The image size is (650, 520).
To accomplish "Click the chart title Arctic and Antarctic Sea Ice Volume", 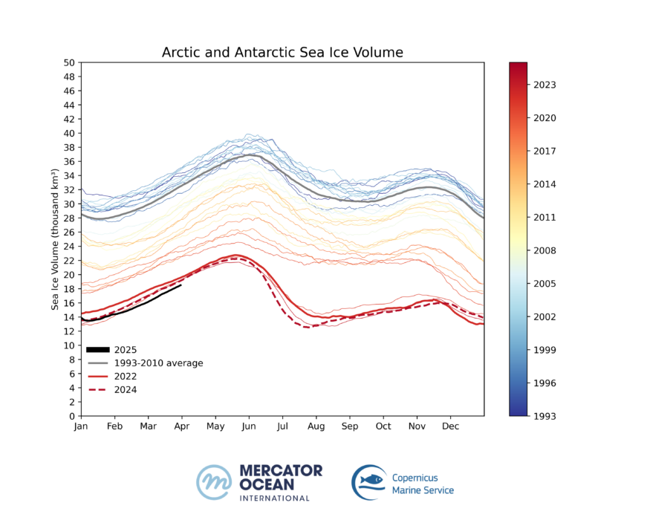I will pos(282,52).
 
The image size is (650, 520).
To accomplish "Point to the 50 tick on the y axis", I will pos(69,62).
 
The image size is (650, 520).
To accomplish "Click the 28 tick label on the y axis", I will pos(69,218).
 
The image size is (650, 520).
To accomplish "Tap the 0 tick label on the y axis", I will pos(71,416).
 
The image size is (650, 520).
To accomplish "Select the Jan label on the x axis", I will pos(80,427).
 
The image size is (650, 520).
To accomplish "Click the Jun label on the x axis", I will pos(249,427).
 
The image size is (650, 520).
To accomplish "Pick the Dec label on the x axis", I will pos(449,427).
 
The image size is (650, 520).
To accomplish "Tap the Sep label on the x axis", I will pos(349,427).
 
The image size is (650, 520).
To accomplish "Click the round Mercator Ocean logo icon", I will pos(214,481).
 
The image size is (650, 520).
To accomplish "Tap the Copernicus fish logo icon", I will pos(369,481).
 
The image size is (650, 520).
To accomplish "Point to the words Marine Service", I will pos(423,490).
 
